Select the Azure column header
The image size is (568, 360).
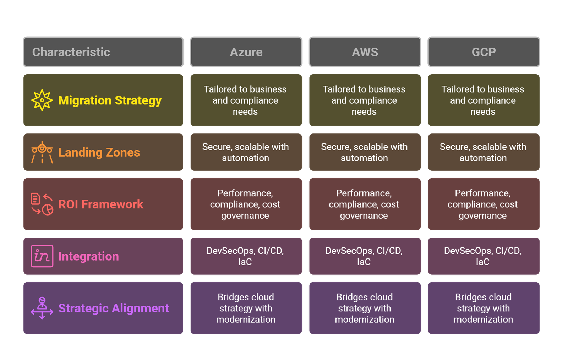(246, 52)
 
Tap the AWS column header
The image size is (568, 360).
(365, 52)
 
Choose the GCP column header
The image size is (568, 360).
(484, 52)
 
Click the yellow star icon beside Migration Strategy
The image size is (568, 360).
(42, 100)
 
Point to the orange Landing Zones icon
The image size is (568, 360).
(42, 152)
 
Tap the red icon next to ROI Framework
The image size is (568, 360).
(42, 204)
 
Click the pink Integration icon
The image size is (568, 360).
(42, 256)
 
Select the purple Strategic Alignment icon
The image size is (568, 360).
(42, 308)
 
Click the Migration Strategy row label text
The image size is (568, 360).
(110, 100)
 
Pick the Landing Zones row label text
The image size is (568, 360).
(99, 152)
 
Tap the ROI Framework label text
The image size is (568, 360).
(101, 204)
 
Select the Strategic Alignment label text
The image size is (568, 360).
(114, 308)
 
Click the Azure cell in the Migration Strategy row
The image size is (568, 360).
(246, 100)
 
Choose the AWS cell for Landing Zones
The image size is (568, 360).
(365, 152)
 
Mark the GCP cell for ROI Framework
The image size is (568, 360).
(483, 204)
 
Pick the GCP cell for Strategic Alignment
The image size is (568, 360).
(483, 308)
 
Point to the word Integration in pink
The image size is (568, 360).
(88, 256)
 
